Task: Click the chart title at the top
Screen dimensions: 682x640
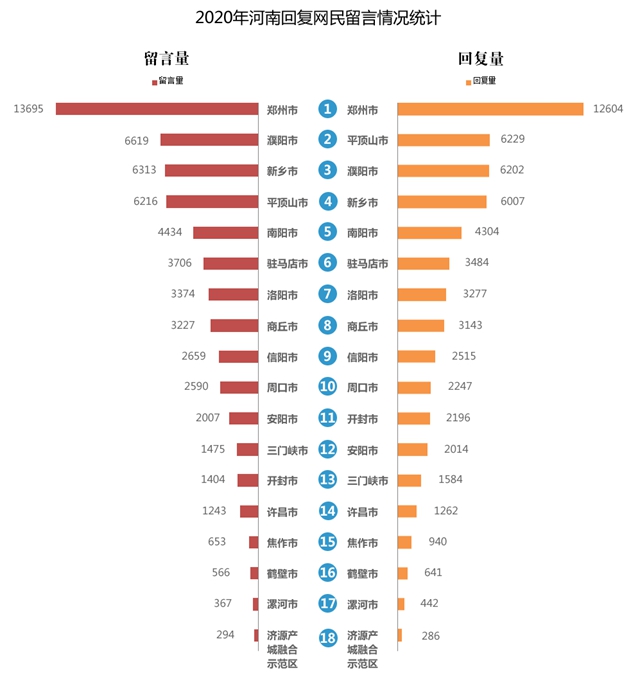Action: (x=319, y=19)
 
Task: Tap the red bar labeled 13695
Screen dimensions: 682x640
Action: (x=157, y=109)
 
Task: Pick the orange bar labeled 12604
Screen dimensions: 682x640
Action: (x=490, y=109)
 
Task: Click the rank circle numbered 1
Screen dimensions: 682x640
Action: (x=327, y=109)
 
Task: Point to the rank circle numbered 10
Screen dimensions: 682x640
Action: (x=327, y=387)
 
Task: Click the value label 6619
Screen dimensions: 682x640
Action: (x=137, y=140)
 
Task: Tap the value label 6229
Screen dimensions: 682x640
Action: (x=513, y=140)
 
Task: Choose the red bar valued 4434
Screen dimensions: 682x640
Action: (x=225, y=233)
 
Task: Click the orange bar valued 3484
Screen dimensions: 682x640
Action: (x=424, y=264)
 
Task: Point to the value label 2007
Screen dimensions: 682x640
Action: (x=208, y=418)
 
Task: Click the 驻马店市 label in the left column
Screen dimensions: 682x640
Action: (x=287, y=264)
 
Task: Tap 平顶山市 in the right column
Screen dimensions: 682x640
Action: (x=367, y=140)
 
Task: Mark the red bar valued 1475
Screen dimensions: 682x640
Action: (x=247, y=449)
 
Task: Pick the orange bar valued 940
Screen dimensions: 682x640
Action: (x=404, y=542)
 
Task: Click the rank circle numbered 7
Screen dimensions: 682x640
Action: (x=327, y=295)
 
